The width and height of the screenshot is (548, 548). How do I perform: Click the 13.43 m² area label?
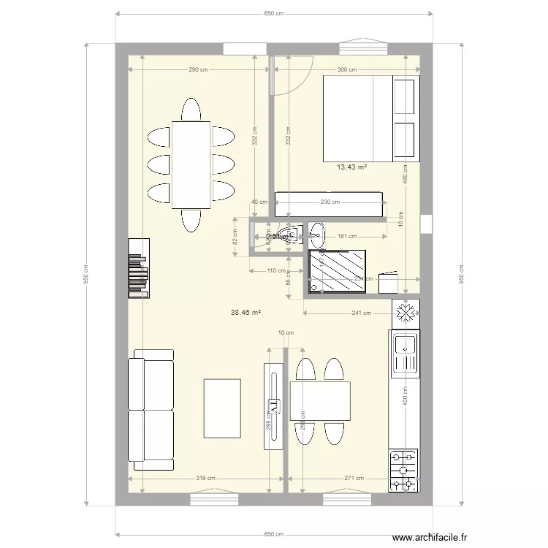(x=351, y=167)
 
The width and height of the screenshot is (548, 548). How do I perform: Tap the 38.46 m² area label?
(x=246, y=312)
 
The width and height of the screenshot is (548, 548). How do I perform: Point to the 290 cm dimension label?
(x=198, y=70)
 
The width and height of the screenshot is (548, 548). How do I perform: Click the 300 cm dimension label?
(x=346, y=70)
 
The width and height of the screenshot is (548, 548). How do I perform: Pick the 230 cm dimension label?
(x=330, y=203)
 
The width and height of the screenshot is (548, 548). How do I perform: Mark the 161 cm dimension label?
(x=347, y=237)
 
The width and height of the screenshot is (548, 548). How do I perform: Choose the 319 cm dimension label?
(x=206, y=479)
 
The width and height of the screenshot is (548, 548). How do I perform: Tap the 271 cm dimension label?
(x=354, y=479)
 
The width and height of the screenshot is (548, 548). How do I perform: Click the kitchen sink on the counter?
(x=404, y=354)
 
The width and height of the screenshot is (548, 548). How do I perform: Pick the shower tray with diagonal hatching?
(x=338, y=272)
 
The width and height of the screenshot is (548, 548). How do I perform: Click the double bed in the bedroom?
(x=371, y=118)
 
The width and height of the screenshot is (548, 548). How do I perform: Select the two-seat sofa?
(x=152, y=409)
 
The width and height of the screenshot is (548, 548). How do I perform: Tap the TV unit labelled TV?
(x=273, y=406)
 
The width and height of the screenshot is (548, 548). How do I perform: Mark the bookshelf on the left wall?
(x=138, y=268)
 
